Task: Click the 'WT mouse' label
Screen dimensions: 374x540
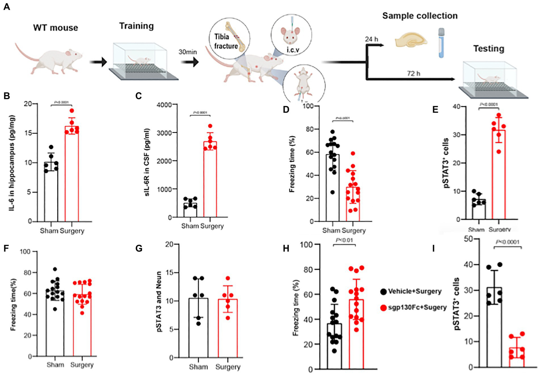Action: pyautogui.click(x=56, y=28)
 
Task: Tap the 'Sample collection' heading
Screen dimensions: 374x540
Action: pyautogui.click(x=420, y=16)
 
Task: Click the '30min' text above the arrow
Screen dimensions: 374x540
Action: pyautogui.click(x=188, y=52)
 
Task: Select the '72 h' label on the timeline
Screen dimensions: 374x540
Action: pyautogui.click(x=413, y=73)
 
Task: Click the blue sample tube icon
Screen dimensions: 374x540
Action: pyautogui.click(x=441, y=43)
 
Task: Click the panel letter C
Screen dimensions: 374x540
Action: pyautogui.click(x=139, y=95)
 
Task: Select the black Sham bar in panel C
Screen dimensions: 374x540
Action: pyautogui.click(x=190, y=210)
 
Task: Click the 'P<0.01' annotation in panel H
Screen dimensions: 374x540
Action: pyautogui.click(x=344, y=240)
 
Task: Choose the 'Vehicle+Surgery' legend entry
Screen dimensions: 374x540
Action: pyautogui.click(x=414, y=291)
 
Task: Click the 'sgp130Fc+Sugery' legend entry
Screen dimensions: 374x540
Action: pyautogui.click(x=417, y=307)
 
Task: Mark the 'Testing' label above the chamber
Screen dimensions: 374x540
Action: pyautogui.click(x=488, y=49)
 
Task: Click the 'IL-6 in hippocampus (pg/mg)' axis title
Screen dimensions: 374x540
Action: pyautogui.click(x=12, y=163)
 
